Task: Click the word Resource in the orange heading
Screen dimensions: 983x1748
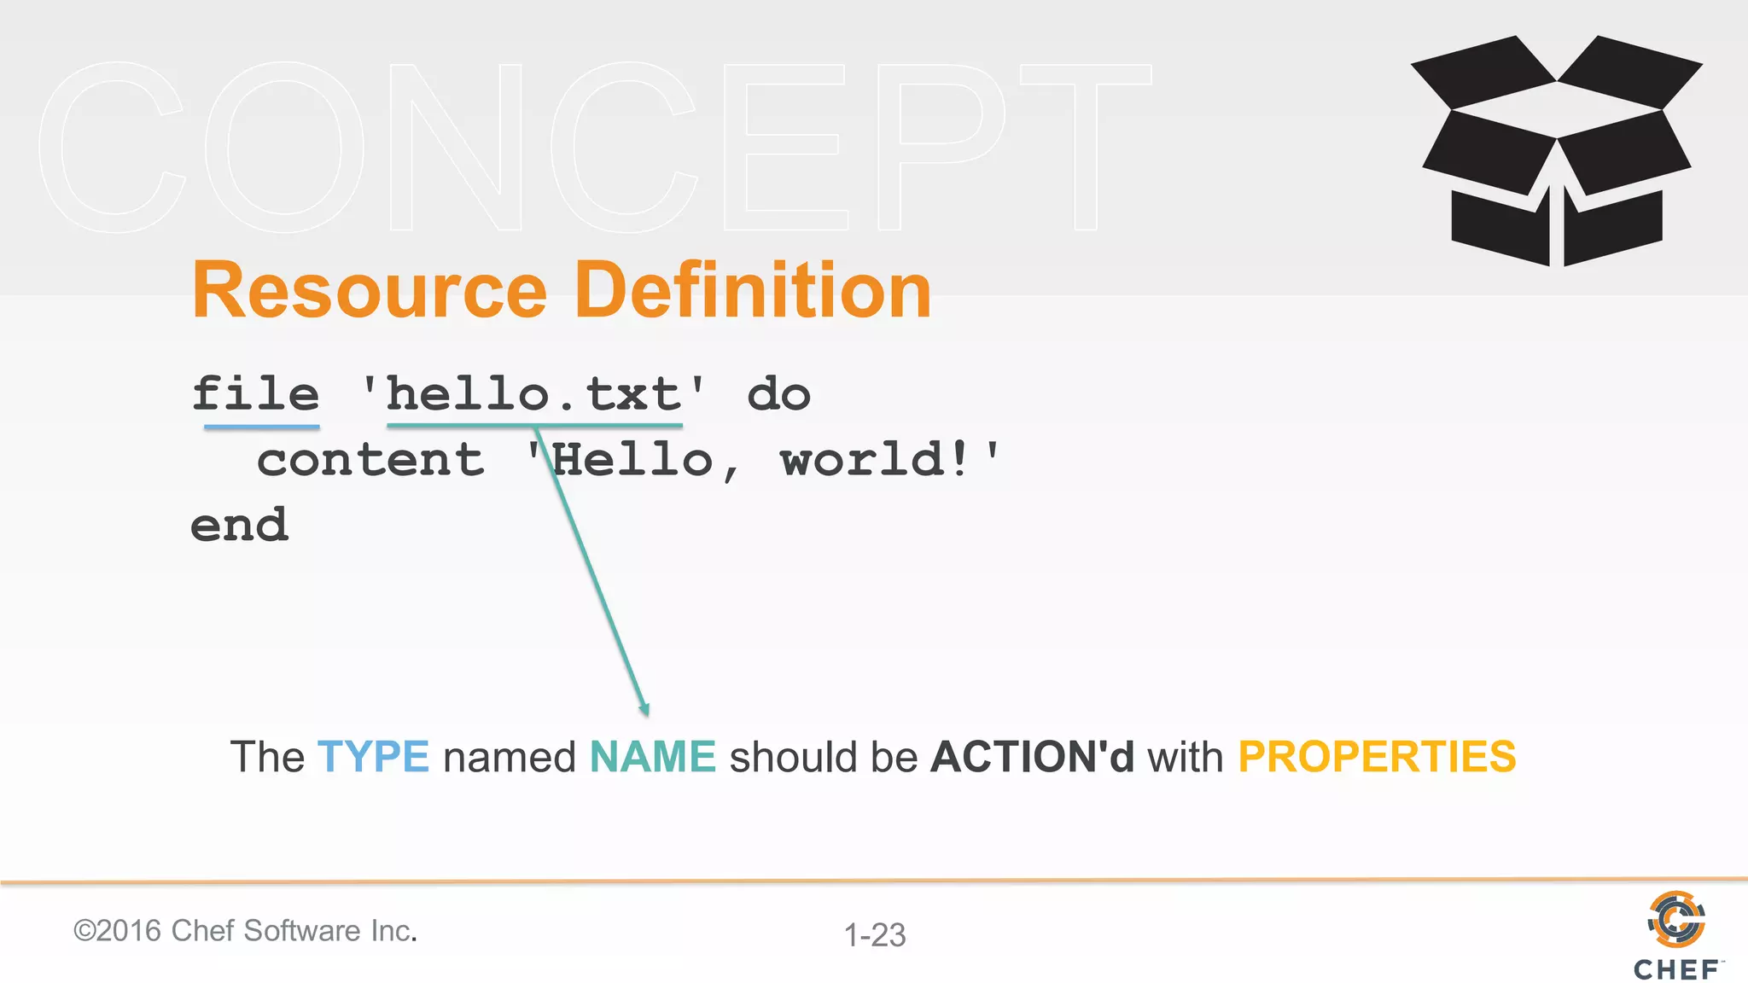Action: coord(369,292)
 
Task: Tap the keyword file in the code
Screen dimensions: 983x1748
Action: coord(255,394)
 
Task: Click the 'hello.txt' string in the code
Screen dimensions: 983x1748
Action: coord(534,394)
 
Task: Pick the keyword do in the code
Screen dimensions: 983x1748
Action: coord(778,394)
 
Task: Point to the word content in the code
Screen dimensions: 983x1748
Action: coord(370,461)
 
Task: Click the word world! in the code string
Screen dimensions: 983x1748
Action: coord(876,461)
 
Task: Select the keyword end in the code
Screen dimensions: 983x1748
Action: coord(240,526)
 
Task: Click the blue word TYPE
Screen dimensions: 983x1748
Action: coord(373,757)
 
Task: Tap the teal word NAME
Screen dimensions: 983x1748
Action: coord(653,757)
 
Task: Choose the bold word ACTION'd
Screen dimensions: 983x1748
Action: coord(1033,757)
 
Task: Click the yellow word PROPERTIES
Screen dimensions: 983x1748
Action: coord(1377,757)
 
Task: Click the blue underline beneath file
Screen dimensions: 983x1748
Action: coord(262,426)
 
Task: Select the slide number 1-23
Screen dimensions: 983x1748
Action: coord(875,935)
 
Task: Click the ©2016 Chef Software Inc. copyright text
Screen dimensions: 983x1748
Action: coord(245,931)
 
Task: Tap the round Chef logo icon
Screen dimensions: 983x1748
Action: coord(1676,919)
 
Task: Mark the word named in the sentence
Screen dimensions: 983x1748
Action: coord(510,757)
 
